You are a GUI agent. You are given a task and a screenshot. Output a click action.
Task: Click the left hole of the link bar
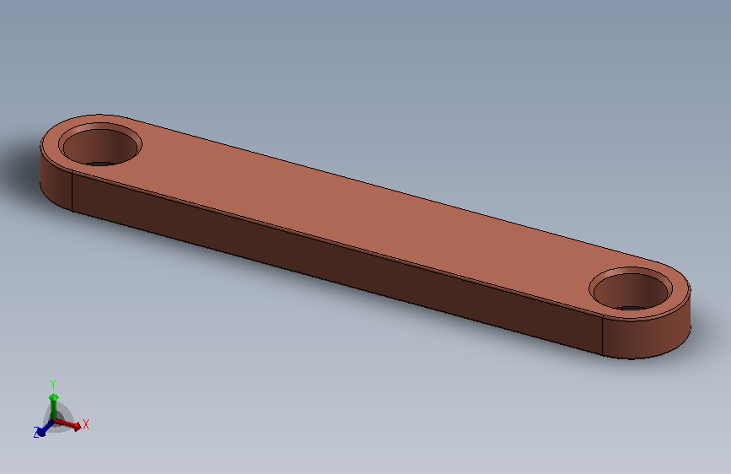[100, 146]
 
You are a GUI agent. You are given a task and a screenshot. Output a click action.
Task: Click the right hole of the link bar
[631, 291]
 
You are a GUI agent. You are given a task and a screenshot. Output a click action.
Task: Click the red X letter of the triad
[86, 424]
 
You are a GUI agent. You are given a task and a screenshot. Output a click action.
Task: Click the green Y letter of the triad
[53, 384]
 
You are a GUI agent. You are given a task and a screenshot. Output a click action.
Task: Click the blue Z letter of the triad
[36, 432]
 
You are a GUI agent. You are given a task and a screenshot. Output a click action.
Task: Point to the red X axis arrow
[67, 423]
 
